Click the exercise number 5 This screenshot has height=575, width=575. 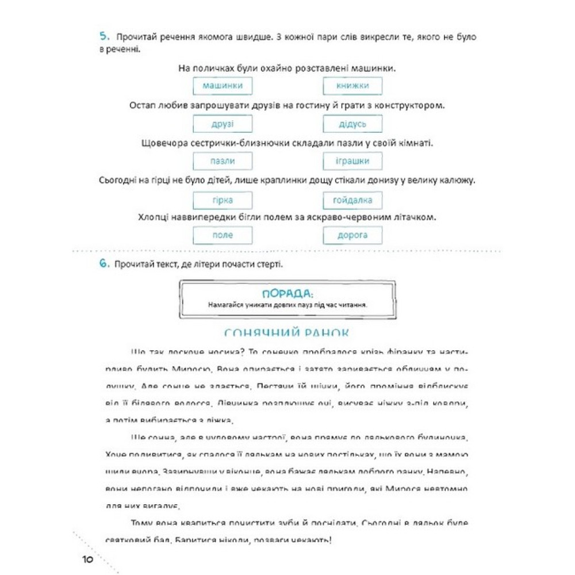(103, 37)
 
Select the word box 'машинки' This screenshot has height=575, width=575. (223, 86)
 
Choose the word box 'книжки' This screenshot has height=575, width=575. (352, 86)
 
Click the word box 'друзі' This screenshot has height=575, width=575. (223, 124)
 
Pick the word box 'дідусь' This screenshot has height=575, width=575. (352, 124)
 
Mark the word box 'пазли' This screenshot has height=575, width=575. (223, 162)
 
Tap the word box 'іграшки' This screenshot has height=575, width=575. (352, 162)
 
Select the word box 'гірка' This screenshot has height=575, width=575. (223, 200)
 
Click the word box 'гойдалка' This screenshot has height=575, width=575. (352, 200)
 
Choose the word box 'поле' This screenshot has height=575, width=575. (223, 235)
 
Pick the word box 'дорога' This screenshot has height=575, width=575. (352, 235)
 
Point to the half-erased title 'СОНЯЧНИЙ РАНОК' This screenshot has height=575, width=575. (287, 333)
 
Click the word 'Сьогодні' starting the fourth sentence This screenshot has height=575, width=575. (118, 181)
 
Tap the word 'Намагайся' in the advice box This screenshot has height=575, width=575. (225, 305)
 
